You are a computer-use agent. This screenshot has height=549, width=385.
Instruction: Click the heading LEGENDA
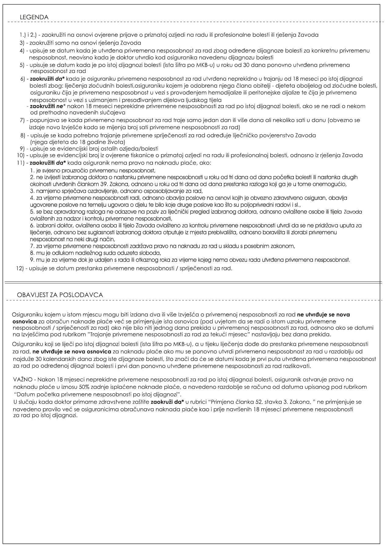(x=34, y=17)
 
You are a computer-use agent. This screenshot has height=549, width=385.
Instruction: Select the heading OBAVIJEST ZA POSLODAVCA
(x=60, y=295)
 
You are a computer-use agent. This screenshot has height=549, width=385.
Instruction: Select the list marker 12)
(x=21, y=269)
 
